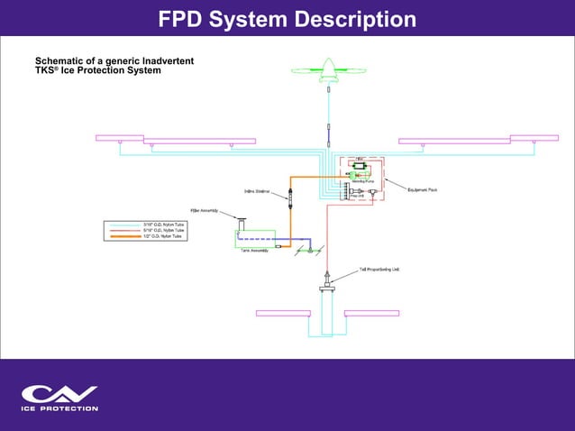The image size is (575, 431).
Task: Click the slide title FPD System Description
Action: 287,18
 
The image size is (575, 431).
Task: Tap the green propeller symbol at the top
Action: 328,69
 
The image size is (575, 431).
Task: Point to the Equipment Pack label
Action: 422,190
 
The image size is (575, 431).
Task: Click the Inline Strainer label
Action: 259,191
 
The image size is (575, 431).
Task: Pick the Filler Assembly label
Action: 204,210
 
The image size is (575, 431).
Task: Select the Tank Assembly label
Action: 254,250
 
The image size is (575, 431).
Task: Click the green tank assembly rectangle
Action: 254,237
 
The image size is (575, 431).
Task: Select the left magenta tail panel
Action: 283,313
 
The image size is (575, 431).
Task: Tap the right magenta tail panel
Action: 371,313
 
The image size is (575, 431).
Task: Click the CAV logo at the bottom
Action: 59,393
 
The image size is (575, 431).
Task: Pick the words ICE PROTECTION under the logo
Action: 59,408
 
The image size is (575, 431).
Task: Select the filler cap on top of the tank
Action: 242,218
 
